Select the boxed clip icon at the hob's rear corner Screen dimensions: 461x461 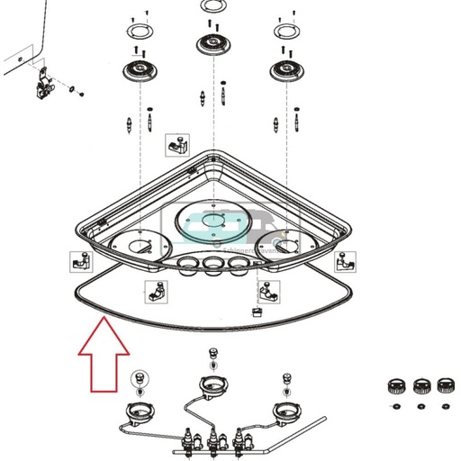[x=176, y=144]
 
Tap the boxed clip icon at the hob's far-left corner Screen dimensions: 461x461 [x=79, y=262]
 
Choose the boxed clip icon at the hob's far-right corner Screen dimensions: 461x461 [x=344, y=260]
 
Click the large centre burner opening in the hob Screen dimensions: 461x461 [x=212, y=221]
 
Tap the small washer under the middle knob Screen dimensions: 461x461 [x=421, y=406]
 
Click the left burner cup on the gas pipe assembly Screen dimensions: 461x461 [x=138, y=413]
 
